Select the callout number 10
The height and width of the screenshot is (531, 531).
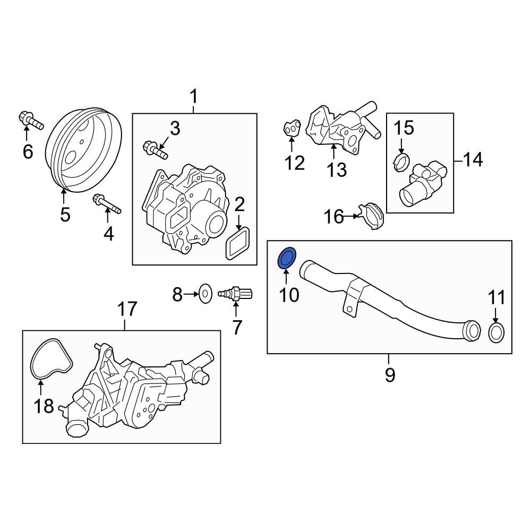coord(289,295)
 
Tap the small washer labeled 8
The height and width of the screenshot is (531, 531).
coord(204,292)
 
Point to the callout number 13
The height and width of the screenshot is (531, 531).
coord(336,169)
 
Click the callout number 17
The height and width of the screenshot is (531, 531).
coord(127,309)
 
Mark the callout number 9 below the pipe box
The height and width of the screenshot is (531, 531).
coord(390,375)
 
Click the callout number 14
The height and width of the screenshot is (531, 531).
coord(472,159)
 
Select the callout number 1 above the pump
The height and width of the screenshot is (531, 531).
coord(194,97)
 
